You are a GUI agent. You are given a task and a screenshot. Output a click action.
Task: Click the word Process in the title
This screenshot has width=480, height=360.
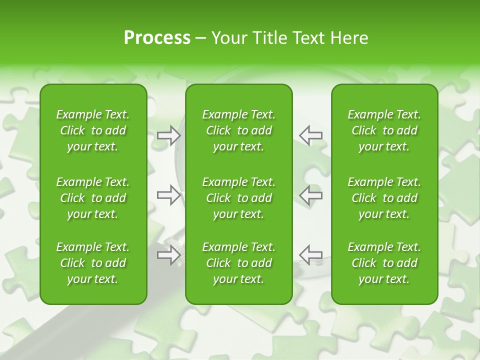[157, 38]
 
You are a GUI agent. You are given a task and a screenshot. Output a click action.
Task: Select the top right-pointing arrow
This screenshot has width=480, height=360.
[168, 135]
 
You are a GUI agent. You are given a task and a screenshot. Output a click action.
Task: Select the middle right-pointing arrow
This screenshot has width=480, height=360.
[168, 195]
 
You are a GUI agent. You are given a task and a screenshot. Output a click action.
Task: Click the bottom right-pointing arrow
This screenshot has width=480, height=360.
[168, 254]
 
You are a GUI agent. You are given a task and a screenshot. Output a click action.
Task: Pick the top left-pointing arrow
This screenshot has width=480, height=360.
[310, 135]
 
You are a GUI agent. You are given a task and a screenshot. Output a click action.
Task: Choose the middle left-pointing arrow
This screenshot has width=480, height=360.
[310, 195]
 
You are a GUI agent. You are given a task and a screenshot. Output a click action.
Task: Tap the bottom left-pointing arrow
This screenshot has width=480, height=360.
[310, 254]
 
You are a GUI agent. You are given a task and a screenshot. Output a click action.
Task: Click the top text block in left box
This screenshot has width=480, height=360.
[93, 130]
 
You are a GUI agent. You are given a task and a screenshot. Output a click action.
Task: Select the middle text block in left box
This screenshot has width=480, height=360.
[93, 198]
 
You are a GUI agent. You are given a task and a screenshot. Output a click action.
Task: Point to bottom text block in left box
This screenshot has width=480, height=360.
[93, 263]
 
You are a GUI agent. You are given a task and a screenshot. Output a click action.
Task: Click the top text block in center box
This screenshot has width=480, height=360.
[238, 130]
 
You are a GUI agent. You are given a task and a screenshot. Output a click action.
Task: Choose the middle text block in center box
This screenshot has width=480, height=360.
[238, 198]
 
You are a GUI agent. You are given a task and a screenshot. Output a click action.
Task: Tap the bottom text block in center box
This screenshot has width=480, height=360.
[238, 263]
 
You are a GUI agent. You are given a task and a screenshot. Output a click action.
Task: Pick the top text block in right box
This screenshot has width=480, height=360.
[384, 130]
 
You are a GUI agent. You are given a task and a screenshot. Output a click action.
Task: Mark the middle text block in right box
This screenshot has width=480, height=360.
[384, 198]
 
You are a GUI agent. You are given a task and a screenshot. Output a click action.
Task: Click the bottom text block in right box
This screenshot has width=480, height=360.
[384, 263]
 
